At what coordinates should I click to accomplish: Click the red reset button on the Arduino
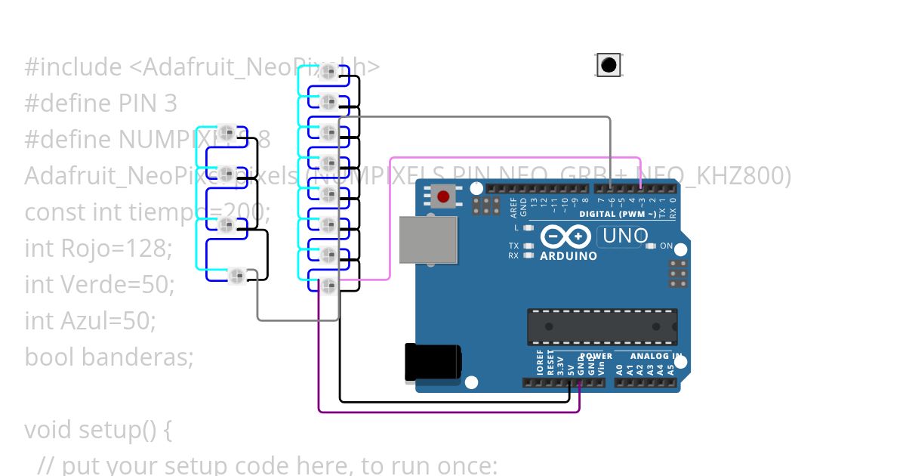tap(443, 197)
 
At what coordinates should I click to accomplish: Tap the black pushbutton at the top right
tap(609, 66)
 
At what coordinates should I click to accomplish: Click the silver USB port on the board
tap(428, 240)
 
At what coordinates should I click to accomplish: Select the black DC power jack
tap(433, 362)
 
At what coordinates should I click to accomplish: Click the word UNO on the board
tap(625, 236)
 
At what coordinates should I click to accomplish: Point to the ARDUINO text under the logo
tap(568, 256)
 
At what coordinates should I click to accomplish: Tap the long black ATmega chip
tap(602, 326)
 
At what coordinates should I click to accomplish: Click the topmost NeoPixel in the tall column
tap(328, 72)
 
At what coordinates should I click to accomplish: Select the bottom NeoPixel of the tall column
tap(328, 286)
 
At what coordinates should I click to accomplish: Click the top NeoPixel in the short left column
tap(227, 133)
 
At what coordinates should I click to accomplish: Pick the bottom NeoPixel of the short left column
tap(237, 274)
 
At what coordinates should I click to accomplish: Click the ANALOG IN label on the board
tap(656, 356)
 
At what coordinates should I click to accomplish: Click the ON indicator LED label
tap(667, 246)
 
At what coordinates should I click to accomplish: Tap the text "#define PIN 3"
tap(100, 104)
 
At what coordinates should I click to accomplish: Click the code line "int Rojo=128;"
tap(98, 248)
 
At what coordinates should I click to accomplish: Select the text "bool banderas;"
tap(109, 356)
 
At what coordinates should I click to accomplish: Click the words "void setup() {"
tap(98, 429)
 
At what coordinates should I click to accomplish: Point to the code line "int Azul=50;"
tap(90, 320)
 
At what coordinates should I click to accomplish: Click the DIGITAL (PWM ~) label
tap(618, 215)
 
